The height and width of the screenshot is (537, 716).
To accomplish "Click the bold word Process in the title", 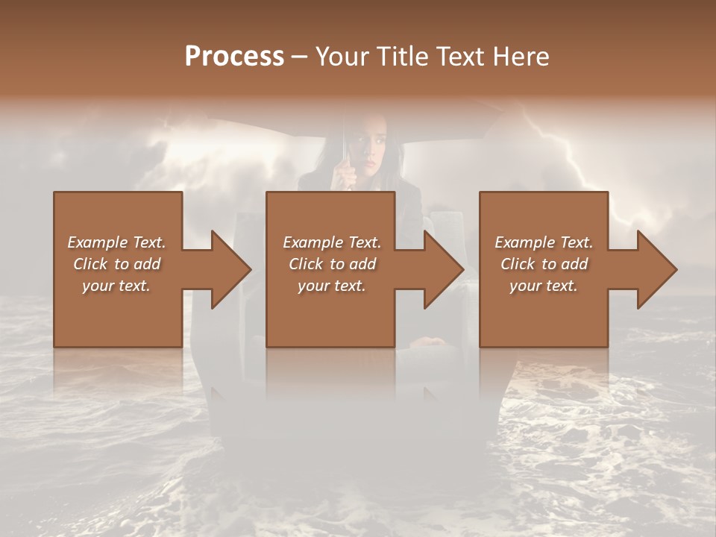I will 234,57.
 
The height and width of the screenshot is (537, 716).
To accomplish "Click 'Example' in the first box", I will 98,242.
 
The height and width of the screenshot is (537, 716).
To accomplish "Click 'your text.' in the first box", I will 116,286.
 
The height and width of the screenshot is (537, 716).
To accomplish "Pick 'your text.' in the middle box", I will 332,286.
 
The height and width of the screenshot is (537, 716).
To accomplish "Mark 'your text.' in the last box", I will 544,286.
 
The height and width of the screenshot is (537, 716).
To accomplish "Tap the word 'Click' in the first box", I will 90,264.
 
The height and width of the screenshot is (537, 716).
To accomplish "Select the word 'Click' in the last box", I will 518,264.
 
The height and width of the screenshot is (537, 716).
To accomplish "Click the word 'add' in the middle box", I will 362,264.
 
